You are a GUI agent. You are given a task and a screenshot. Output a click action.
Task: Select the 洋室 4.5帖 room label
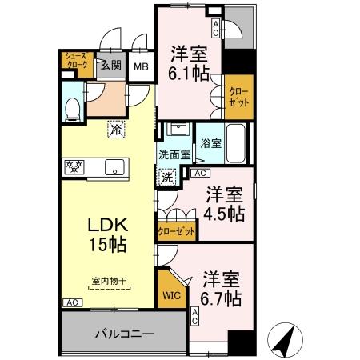coord(225,204)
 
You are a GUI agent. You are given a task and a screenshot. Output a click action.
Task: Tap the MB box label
coord(142,67)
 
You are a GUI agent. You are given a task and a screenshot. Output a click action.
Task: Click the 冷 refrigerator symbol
coord(117,128)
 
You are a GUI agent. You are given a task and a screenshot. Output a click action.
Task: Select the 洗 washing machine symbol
coord(170,178)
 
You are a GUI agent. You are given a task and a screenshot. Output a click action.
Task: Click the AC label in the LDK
coord(70,302)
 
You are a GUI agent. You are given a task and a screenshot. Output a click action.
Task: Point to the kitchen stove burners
coord(75,167)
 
